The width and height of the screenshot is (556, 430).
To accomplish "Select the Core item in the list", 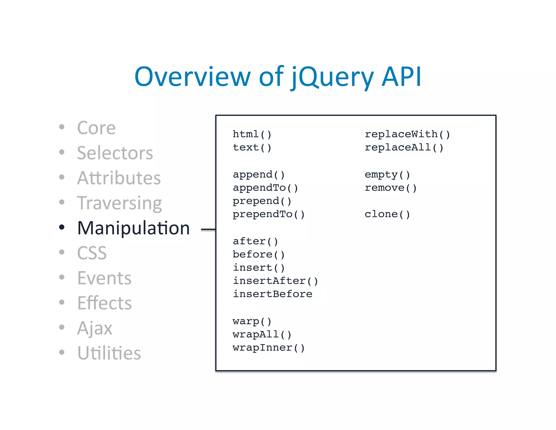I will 96,128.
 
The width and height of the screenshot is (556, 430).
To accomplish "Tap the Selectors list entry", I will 115,153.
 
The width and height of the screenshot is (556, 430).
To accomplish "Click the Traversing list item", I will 119,203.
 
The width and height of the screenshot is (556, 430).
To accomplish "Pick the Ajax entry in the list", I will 94,328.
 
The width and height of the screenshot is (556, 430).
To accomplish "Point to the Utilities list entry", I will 109,353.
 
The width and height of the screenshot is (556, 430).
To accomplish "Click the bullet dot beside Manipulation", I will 62,227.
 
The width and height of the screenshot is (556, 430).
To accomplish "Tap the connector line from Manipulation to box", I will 208,230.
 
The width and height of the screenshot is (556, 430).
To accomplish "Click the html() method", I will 252,134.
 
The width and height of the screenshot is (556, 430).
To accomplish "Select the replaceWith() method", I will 407,134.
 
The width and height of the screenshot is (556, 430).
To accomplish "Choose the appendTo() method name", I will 265,188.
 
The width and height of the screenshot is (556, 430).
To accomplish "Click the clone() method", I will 387,214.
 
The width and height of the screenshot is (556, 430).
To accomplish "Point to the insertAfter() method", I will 275,281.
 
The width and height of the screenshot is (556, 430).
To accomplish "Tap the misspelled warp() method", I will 252,321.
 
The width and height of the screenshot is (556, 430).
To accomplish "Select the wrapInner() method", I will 268,348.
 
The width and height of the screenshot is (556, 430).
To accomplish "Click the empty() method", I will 387,175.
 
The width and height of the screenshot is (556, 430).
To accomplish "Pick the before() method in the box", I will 258,254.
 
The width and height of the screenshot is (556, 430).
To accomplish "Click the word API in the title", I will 401,77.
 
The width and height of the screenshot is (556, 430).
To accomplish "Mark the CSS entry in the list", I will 92,253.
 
